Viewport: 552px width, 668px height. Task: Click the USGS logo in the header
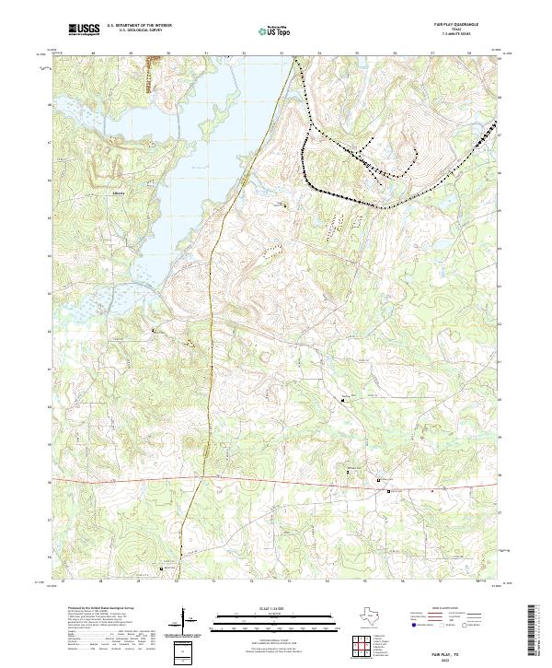(85, 30)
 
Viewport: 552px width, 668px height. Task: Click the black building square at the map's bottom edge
(163, 569)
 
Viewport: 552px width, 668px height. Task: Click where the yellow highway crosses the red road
(195, 478)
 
